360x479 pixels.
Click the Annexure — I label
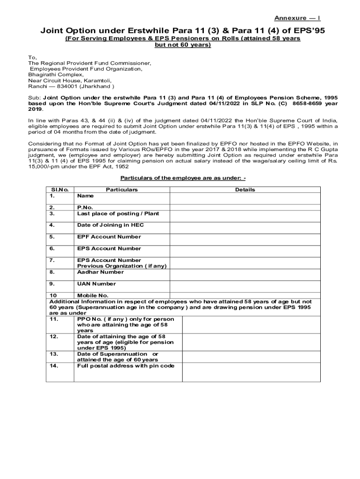click(297, 18)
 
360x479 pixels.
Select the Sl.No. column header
click(59, 189)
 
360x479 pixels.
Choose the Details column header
click(245, 189)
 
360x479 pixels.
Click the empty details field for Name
click(245, 198)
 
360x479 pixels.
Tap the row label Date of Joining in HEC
click(110, 225)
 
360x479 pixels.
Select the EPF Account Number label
click(108, 237)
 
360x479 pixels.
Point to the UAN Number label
click(96, 283)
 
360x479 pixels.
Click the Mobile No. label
click(93, 296)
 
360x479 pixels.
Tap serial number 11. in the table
click(53, 319)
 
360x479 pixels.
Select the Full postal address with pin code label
click(125, 366)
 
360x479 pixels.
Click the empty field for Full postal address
click(251, 372)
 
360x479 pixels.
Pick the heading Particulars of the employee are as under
click(183, 178)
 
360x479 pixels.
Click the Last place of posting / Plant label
click(118, 213)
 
